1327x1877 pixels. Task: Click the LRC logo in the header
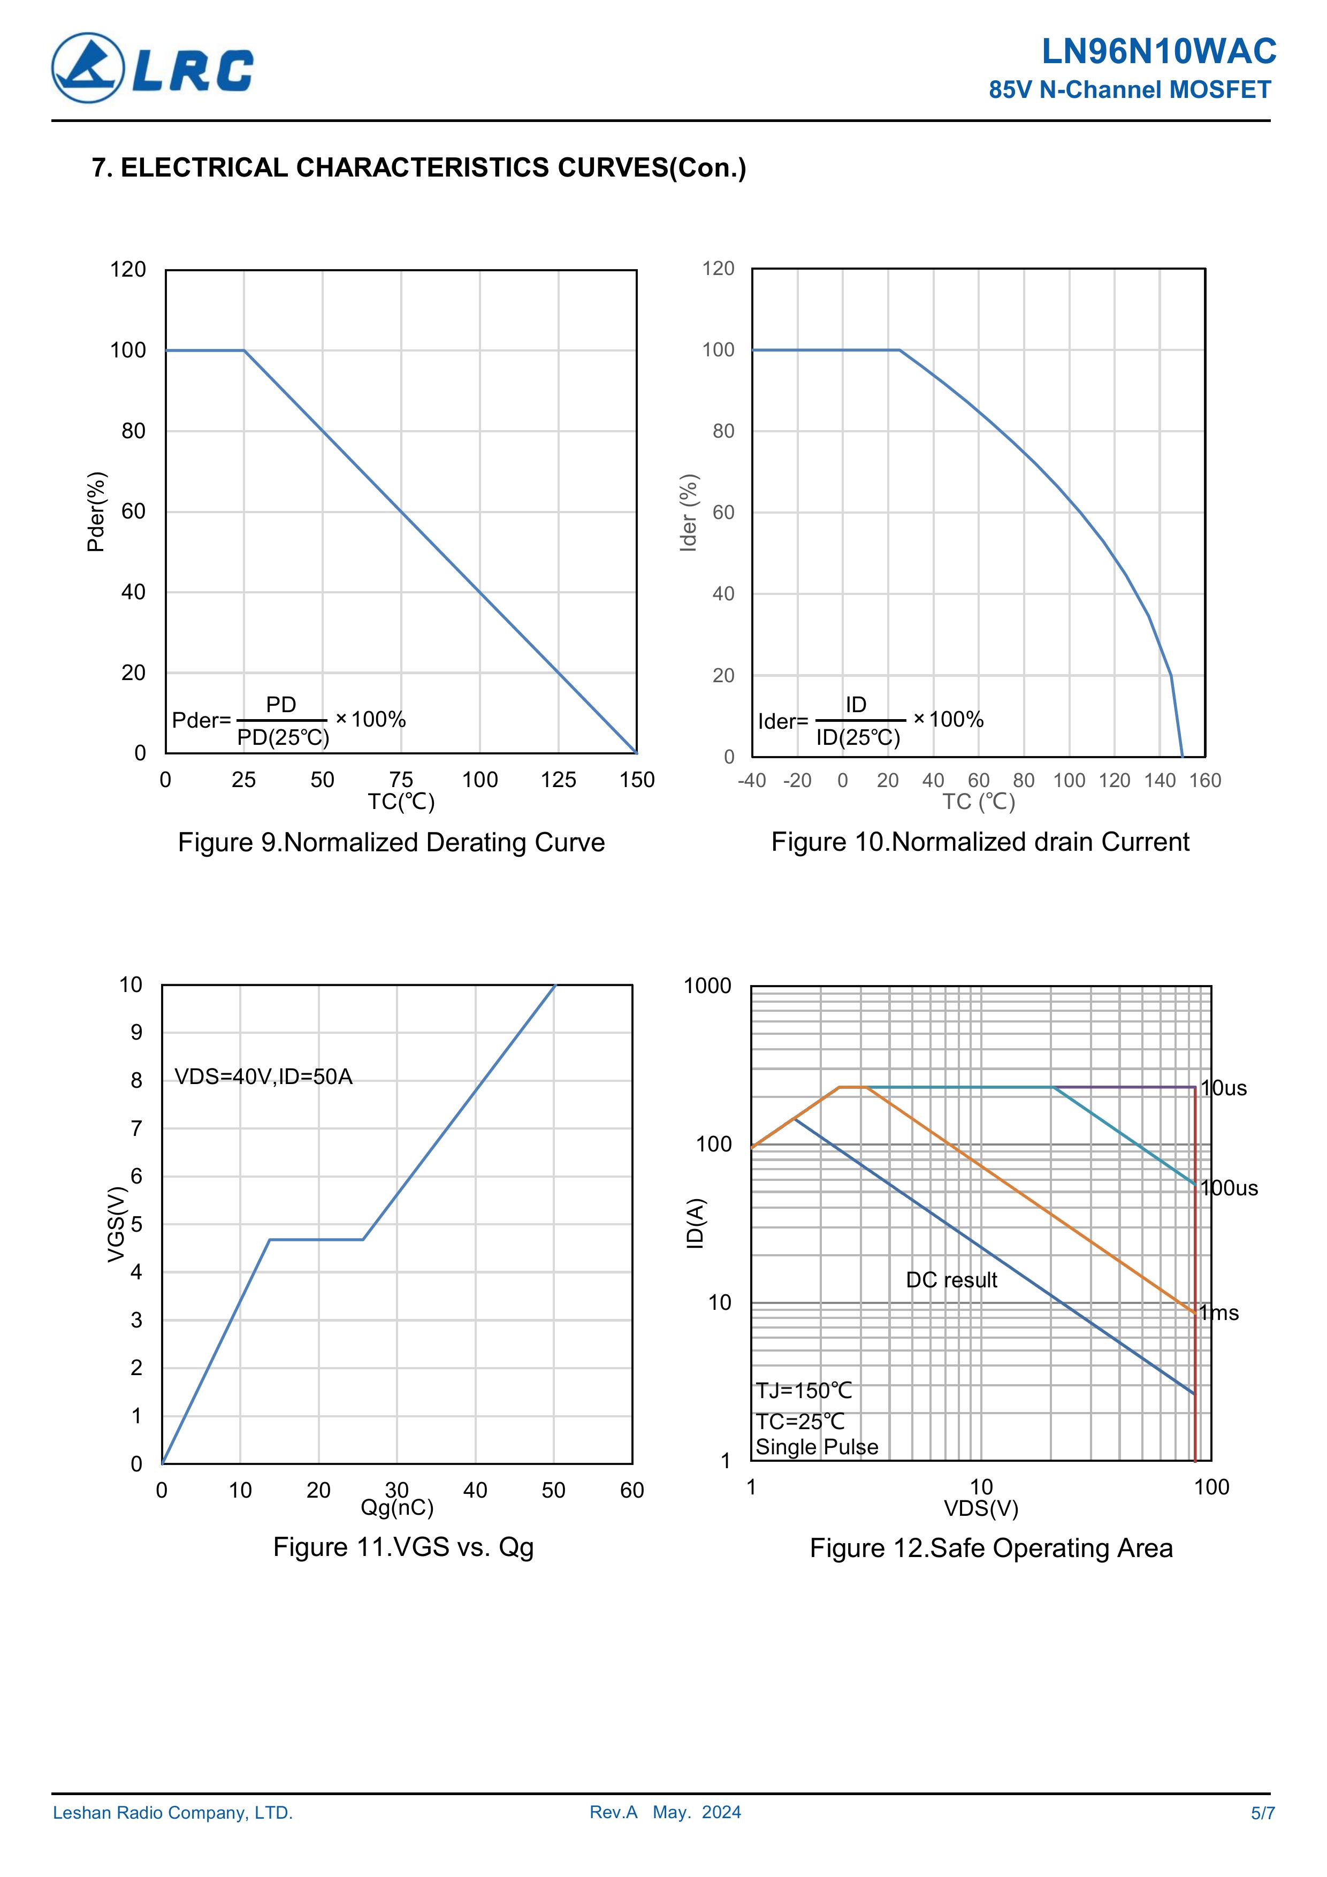pyautogui.click(x=152, y=68)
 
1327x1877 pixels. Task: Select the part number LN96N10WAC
pyautogui.click(x=1158, y=51)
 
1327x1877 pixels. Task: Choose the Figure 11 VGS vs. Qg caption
pyautogui.click(x=403, y=1547)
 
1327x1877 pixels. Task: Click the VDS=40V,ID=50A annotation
pyautogui.click(x=263, y=1077)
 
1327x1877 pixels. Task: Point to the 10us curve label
pyautogui.click(x=1224, y=1088)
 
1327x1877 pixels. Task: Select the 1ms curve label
pyautogui.click(x=1220, y=1313)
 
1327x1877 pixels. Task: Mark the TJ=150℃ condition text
pyautogui.click(x=804, y=1391)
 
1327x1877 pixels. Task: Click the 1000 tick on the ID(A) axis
pyautogui.click(x=707, y=986)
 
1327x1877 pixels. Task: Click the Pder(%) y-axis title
pyautogui.click(x=96, y=512)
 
